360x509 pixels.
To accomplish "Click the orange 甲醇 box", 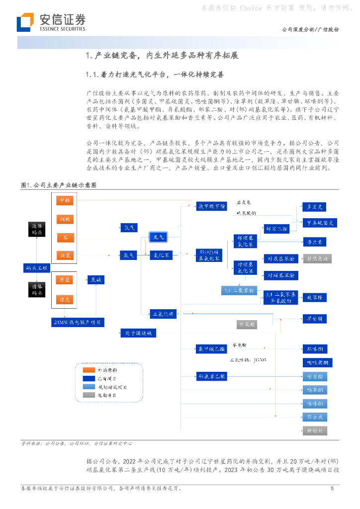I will coord(65,201).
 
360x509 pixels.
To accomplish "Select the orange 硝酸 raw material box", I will coord(65,218).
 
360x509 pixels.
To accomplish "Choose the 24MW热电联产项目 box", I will coord(78,322).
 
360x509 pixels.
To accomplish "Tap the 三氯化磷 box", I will coord(162,314).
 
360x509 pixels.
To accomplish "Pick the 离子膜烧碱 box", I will coord(138,333).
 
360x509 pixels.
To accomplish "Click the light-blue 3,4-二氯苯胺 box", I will coord(238,290).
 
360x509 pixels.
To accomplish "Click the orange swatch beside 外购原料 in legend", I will coord(90,370).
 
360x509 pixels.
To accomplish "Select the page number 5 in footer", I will coord(332,489).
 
